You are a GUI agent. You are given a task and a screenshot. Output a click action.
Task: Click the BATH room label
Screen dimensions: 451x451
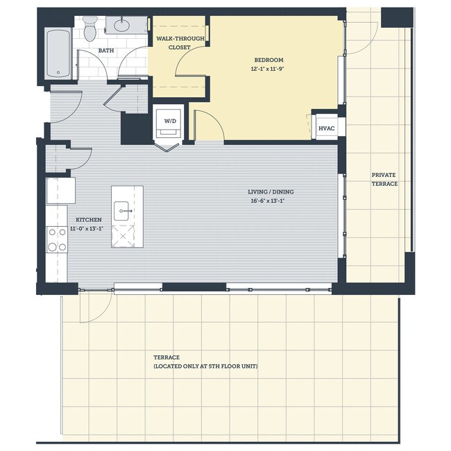[x=106, y=51]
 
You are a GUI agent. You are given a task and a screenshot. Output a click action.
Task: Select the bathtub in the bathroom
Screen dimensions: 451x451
[x=57, y=53]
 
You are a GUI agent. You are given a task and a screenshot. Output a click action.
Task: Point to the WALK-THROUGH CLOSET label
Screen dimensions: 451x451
[x=180, y=43]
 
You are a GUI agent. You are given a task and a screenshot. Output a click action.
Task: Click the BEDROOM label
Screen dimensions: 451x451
[x=268, y=60]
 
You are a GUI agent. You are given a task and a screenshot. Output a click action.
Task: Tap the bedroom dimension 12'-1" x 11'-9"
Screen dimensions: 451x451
[x=268, y=69]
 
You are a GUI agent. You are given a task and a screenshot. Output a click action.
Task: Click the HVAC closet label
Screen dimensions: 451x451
[x=325, y=128]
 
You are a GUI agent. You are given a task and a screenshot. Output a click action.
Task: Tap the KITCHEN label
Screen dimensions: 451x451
[x=88, y=220]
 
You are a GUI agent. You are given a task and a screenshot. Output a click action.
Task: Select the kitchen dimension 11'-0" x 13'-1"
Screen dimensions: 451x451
[x=88, y=230]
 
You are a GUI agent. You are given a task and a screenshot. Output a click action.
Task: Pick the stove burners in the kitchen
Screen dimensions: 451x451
[x=56, y=239]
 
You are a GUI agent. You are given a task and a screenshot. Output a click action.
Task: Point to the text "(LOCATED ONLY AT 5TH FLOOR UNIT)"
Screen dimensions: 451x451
[x=205, y=366]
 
